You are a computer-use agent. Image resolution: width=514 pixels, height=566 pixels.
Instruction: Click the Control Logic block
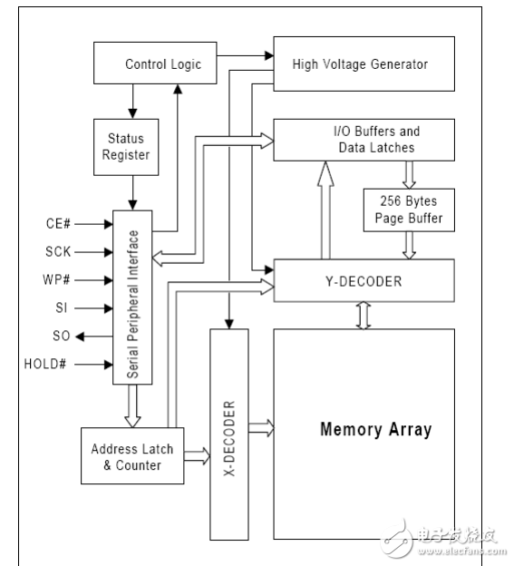163,65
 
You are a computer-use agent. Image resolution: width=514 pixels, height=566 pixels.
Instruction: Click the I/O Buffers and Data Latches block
363,139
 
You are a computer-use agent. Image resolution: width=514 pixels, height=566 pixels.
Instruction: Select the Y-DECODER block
363,281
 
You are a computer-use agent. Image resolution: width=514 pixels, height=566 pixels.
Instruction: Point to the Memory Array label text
375,429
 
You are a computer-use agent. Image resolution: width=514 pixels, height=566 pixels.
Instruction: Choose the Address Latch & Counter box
126,458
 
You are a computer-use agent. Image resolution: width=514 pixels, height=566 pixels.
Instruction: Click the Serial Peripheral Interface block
132,297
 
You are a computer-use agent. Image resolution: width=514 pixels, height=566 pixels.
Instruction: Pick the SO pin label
61,337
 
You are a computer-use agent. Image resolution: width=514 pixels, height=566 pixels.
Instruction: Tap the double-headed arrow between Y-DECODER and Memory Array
363,315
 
